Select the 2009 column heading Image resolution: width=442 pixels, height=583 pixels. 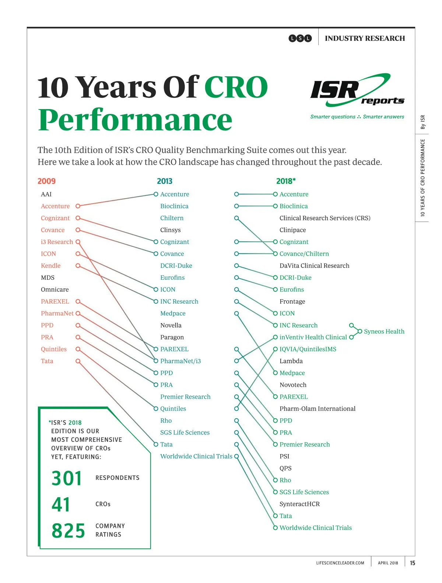pyautogui.click(x=46, y=181)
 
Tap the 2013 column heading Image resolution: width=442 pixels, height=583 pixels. pyautogui.click(x=165, y=181)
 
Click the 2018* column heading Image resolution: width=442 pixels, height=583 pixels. pyautogui.click(x=286, y=181)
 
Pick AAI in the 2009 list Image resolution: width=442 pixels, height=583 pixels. pyautogui.click(x=46, y=194)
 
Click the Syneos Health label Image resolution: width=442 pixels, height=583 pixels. pyautogui.click(x=384, y=331)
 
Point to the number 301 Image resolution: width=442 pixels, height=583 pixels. pyautogui.click(x=67, y=478)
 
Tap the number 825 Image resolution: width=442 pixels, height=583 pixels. pyautogui.click(x=68, y=531)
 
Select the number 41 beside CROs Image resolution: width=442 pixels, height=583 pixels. pyautogui.click(x=61, y=505)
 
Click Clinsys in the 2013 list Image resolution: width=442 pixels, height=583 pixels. pyautogui.click(x=171, y=230)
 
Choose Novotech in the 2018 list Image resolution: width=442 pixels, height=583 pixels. pyautogui.click(x=293, y=385)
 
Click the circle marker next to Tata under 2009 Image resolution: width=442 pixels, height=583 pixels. pyautogui.click(x=78, y=361)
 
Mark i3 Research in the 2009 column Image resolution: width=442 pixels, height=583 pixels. pyautogui.click(x=57, y=242)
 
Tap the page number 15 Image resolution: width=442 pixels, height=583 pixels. pyautogui.click(x=413, y=563)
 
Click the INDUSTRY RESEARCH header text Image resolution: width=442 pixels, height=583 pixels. pyautogui.click(x=365, y=38)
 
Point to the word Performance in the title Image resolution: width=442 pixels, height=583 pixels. pyautogui.click(x=135, y=120)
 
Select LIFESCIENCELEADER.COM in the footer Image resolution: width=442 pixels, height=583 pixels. pyautogui.click(x=340, y=563)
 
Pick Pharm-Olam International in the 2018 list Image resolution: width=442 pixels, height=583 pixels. pyautogui.click(x=318, y=409)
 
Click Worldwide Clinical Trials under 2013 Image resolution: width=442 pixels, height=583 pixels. pyautogui.click(x=196, y=456)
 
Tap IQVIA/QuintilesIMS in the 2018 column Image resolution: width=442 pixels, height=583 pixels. pyautogui.click(x=308, y=349)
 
